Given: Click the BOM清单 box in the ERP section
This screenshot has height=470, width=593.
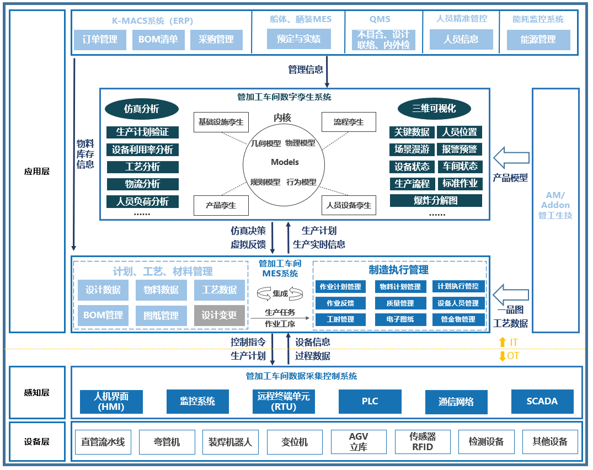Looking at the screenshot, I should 158,40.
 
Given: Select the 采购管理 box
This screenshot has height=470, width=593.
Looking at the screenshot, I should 216,40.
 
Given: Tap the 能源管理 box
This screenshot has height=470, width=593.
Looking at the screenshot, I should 538,40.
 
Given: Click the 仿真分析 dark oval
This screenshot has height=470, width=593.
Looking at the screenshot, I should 142,109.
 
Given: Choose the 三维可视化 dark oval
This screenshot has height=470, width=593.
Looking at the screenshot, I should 434,109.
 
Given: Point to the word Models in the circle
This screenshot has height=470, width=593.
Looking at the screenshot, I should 285,162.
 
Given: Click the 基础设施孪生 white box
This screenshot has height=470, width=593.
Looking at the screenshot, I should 221,122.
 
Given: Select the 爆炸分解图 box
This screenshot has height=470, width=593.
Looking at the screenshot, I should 436,200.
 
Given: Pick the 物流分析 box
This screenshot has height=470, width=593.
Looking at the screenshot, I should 142,184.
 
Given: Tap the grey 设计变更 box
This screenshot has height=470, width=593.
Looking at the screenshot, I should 219,315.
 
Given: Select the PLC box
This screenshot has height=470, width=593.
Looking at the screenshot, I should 370,401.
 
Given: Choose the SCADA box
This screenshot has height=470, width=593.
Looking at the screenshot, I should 542,401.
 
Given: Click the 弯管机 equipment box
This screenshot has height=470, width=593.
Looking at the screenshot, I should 167,442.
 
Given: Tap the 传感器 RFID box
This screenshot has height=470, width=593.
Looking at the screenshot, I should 423,442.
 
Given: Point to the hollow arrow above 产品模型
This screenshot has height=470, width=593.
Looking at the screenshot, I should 511,157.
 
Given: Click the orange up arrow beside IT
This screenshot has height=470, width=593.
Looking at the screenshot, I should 502,342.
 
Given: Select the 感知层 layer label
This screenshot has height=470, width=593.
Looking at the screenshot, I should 37,393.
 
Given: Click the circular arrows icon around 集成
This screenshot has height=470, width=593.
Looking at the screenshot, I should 280,293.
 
